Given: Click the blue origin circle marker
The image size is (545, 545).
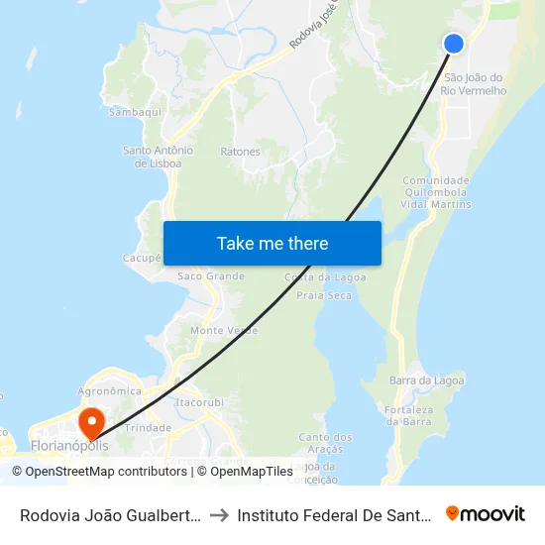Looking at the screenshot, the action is click(x=454, y=43).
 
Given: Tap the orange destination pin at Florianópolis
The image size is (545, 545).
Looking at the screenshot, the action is click(x=91, y=423).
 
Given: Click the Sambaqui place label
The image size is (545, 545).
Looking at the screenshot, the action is click(x=135, y=113).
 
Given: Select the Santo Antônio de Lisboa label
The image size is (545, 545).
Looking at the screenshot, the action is click(x=158, y=157).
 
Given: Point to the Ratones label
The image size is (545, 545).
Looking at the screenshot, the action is click(x=241, y=152).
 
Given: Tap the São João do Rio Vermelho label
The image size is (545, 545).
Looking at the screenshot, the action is click(x=475, y=84).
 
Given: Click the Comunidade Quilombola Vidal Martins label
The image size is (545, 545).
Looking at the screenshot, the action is click(x=436, y=192).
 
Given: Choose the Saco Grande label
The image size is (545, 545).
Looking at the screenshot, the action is click(x=211, y=275).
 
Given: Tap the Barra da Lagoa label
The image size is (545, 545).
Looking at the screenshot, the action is click(x=427, y=381).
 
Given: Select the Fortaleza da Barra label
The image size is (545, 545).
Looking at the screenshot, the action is click(x=407, y=415).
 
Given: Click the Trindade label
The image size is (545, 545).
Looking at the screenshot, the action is click(x=150, y=428).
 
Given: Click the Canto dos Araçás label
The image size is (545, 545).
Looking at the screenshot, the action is click(x=325, y=442).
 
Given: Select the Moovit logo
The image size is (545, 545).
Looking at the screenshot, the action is click(x=486, y=513).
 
